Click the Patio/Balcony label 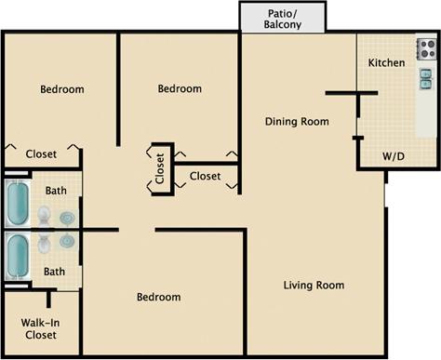click(283, 18)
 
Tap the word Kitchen click(386, 63)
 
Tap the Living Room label click(314, 285)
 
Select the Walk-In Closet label click(40, 328)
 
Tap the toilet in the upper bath click(45, 217)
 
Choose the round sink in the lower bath click(67, 242)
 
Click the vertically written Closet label click(160, 168)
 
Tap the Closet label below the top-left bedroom click(41, 154)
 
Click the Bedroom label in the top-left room click(62, 89)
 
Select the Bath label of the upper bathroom click(56, 191)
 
